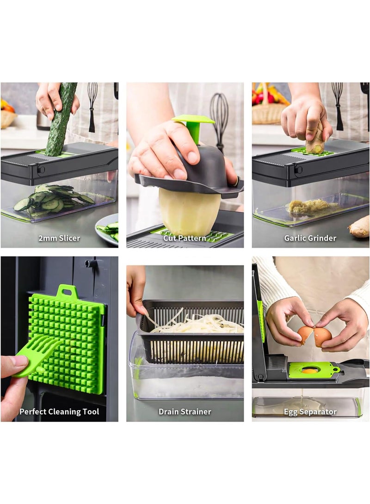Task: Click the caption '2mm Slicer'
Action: [59, 238]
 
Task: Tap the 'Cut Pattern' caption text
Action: [185, 238]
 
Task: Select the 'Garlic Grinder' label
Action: [310, 238]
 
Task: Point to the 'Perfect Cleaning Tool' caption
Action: [59, 412]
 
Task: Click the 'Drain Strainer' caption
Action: [185, 412]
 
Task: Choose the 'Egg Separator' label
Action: [310, 412]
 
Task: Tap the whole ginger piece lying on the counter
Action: [359, 226]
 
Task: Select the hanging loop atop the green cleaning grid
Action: [67, 292]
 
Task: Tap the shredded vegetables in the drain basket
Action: [196, 324]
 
